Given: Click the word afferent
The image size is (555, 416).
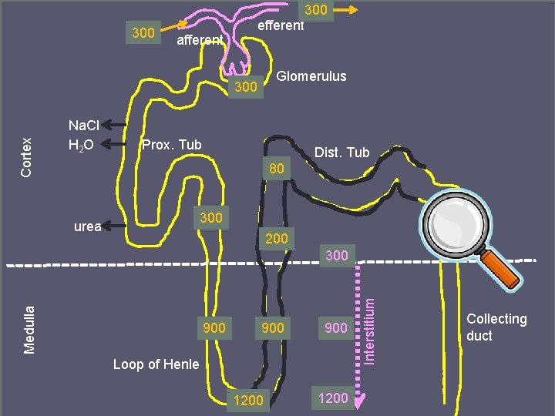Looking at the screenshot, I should pyautogui.click(x=200, y=40).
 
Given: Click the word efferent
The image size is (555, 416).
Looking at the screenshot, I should pyautogui.click(x=281, y=25).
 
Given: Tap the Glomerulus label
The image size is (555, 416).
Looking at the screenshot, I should pyautogui.click(x=311, y=76).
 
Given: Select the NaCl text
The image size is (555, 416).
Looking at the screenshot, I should pyautogui.click(x=83, y=125).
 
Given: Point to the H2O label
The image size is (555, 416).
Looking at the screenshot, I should pyautogui.click(x=82, y=144).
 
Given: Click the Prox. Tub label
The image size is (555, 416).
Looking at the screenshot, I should pyautogui.click(x=171, y=145).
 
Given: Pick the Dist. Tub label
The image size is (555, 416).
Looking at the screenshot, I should pyautogui.click(x=342, y=154).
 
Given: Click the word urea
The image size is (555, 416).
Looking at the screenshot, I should pyautogui.click(x=87, y=226).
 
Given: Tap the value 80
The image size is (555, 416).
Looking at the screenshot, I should pyautogui.click(x=277, y=169).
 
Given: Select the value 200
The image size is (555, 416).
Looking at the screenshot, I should pyautogui.click(x=277, y=239).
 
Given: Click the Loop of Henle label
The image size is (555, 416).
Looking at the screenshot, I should pyautogui.click(x=156, y=364).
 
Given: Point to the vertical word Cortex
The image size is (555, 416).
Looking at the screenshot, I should pyautogui.click(x=27, y=157).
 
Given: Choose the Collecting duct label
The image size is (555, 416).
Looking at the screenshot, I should pyautogui.click(x=496, y=327).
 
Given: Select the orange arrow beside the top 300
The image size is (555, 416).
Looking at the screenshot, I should pyautogui.click(x=348, y=10).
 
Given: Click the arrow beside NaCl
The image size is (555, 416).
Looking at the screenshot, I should pyautogui.click(x=116, y=124).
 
